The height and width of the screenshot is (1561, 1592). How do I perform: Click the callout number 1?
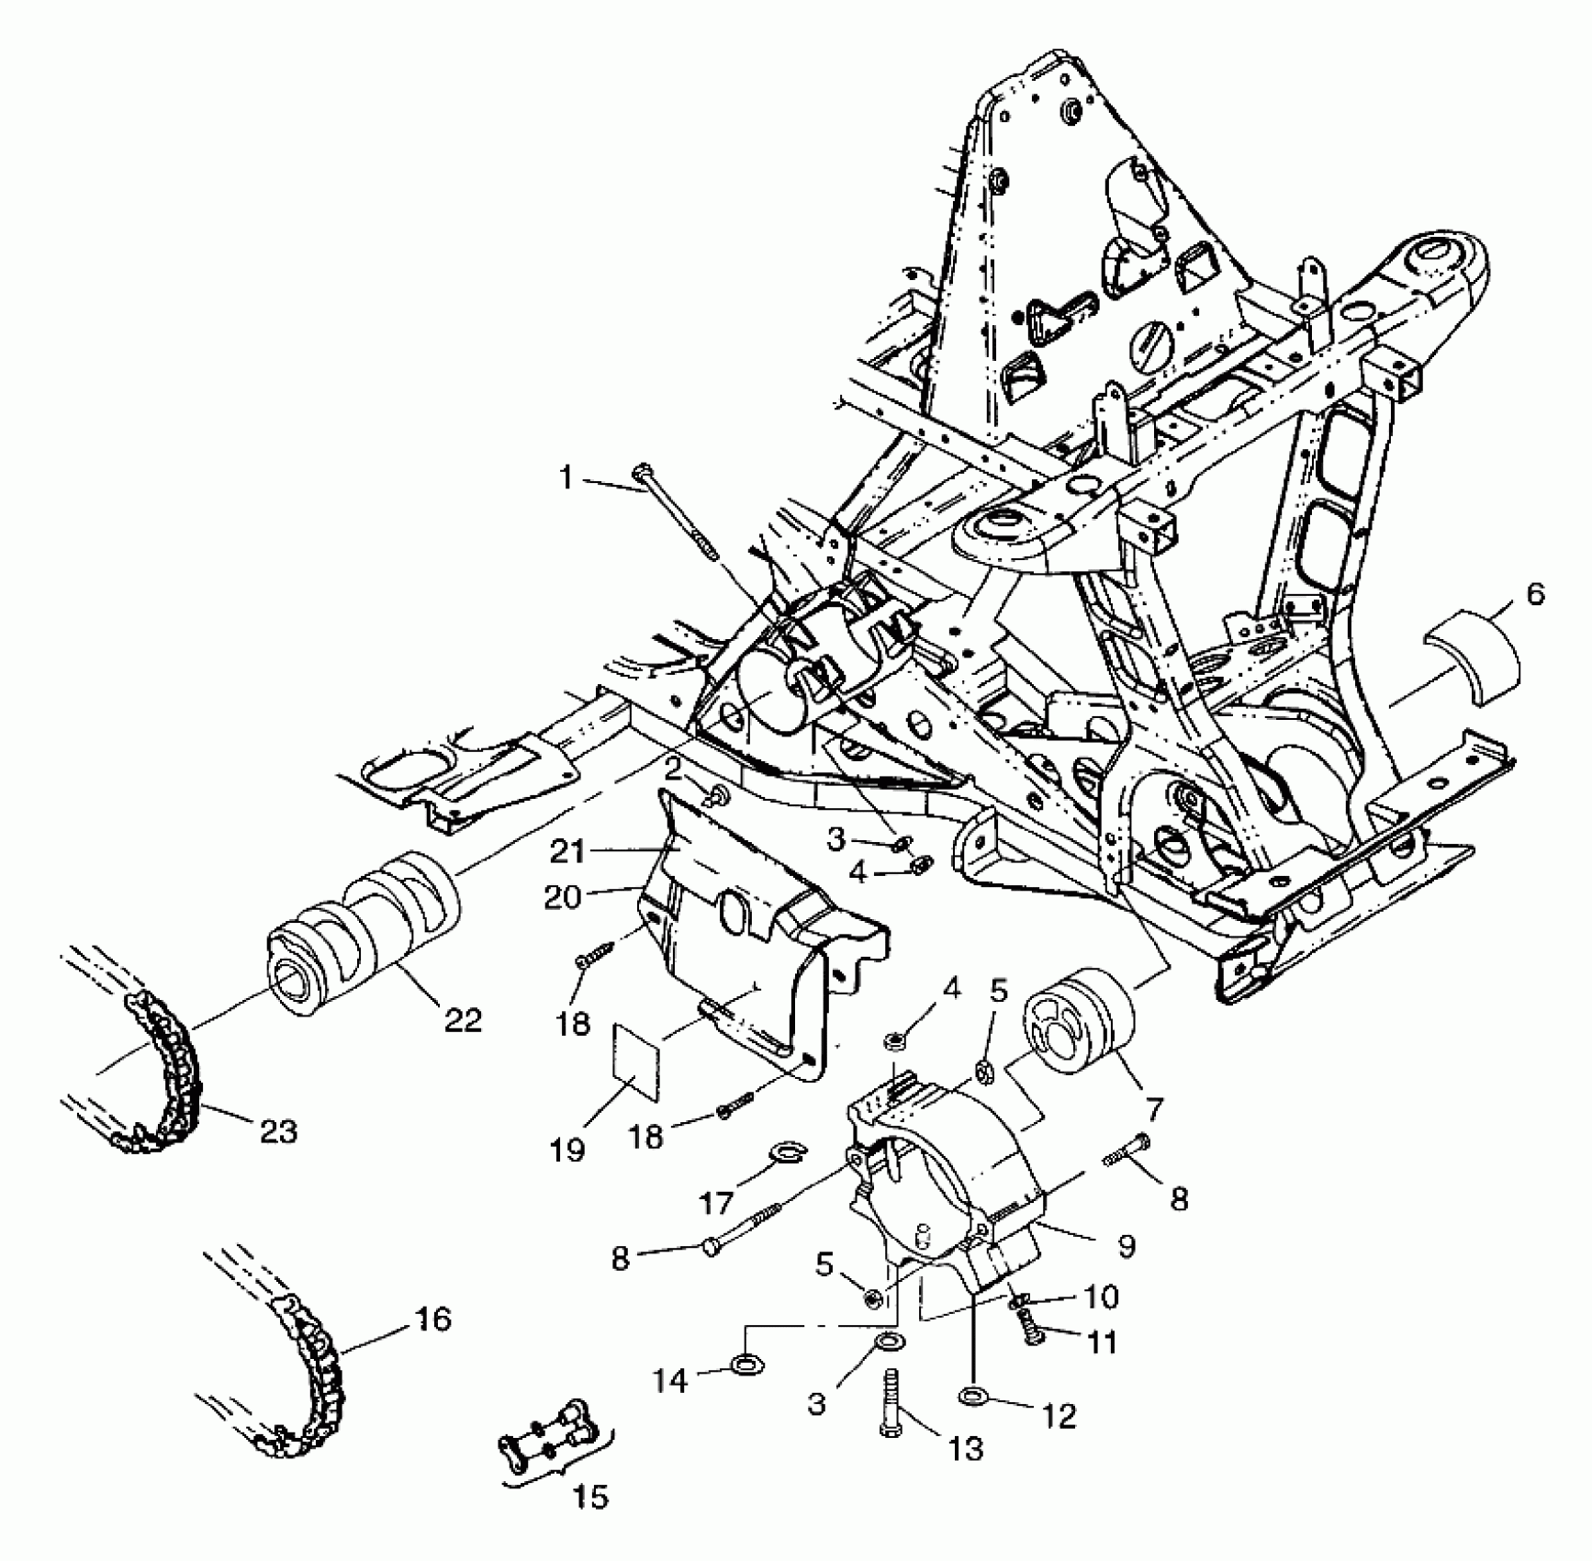(566, 478)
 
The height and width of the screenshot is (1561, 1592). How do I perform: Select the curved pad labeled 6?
(1472, 659)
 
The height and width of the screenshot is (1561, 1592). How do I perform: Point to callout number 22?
(462, 1019)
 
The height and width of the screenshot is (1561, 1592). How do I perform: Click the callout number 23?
(279, 1130)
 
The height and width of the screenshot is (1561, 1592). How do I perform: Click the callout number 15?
(591, 1498)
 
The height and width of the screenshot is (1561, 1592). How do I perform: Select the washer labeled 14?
(744, 1364)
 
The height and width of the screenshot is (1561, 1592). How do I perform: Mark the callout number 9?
(1126, 1245)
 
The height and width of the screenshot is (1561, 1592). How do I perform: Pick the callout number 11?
(1102, 1342)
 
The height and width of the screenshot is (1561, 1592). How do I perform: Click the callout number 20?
(563, 896)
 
